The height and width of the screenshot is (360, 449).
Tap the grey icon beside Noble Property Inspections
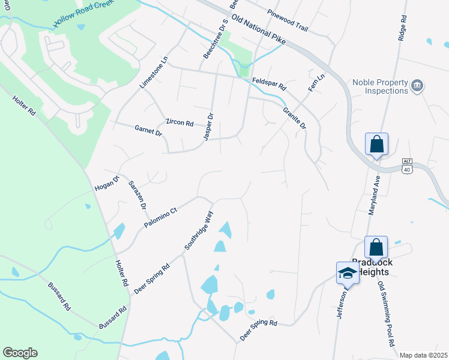418,86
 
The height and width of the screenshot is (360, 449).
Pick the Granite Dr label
295,118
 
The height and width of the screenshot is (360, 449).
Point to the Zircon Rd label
179,123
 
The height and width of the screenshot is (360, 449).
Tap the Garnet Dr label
148,130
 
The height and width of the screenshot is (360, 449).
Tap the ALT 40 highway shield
407,166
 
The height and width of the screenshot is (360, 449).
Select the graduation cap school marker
348,273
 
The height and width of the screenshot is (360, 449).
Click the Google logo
20,353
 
